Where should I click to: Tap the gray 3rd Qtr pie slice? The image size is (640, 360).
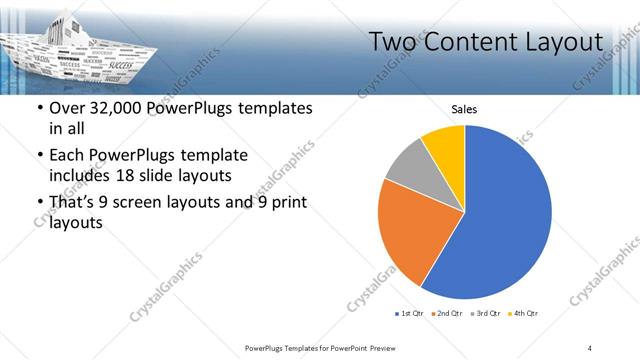pyautogui.click(x=408, y=164)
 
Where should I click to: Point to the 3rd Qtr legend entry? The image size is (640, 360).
pyautogui.click(x=485, y=314)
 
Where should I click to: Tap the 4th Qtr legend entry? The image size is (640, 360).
pyautogui.click(x=522, y=314)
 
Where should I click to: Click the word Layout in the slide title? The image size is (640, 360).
pyautogui.click(x=563, y=42)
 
